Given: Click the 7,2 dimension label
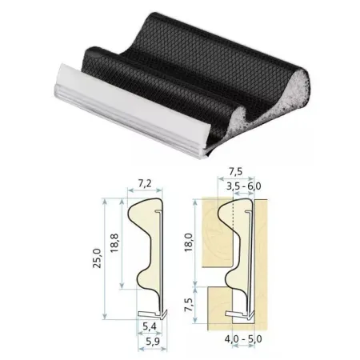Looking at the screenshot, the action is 145,183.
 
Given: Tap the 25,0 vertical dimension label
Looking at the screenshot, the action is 97,258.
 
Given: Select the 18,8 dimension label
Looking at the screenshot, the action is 114,243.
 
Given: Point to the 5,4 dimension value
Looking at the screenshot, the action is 150,326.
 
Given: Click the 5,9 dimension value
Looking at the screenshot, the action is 153,342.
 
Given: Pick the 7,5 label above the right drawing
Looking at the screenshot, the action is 236,171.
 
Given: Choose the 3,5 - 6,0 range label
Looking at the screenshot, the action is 244,186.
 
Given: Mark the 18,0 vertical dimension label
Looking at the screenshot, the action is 188,242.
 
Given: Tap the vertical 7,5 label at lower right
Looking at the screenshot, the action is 189,305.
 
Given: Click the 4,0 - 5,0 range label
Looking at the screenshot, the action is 243,339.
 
